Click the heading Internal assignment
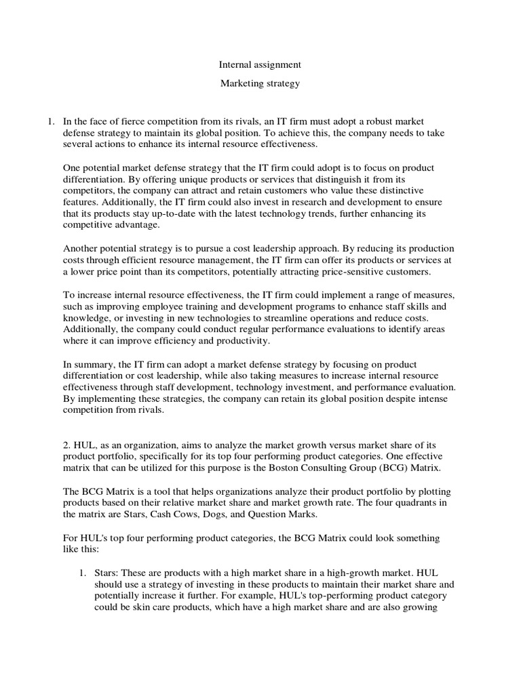pos(260,65)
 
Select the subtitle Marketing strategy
pos(260,84)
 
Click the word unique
pos(193,180)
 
